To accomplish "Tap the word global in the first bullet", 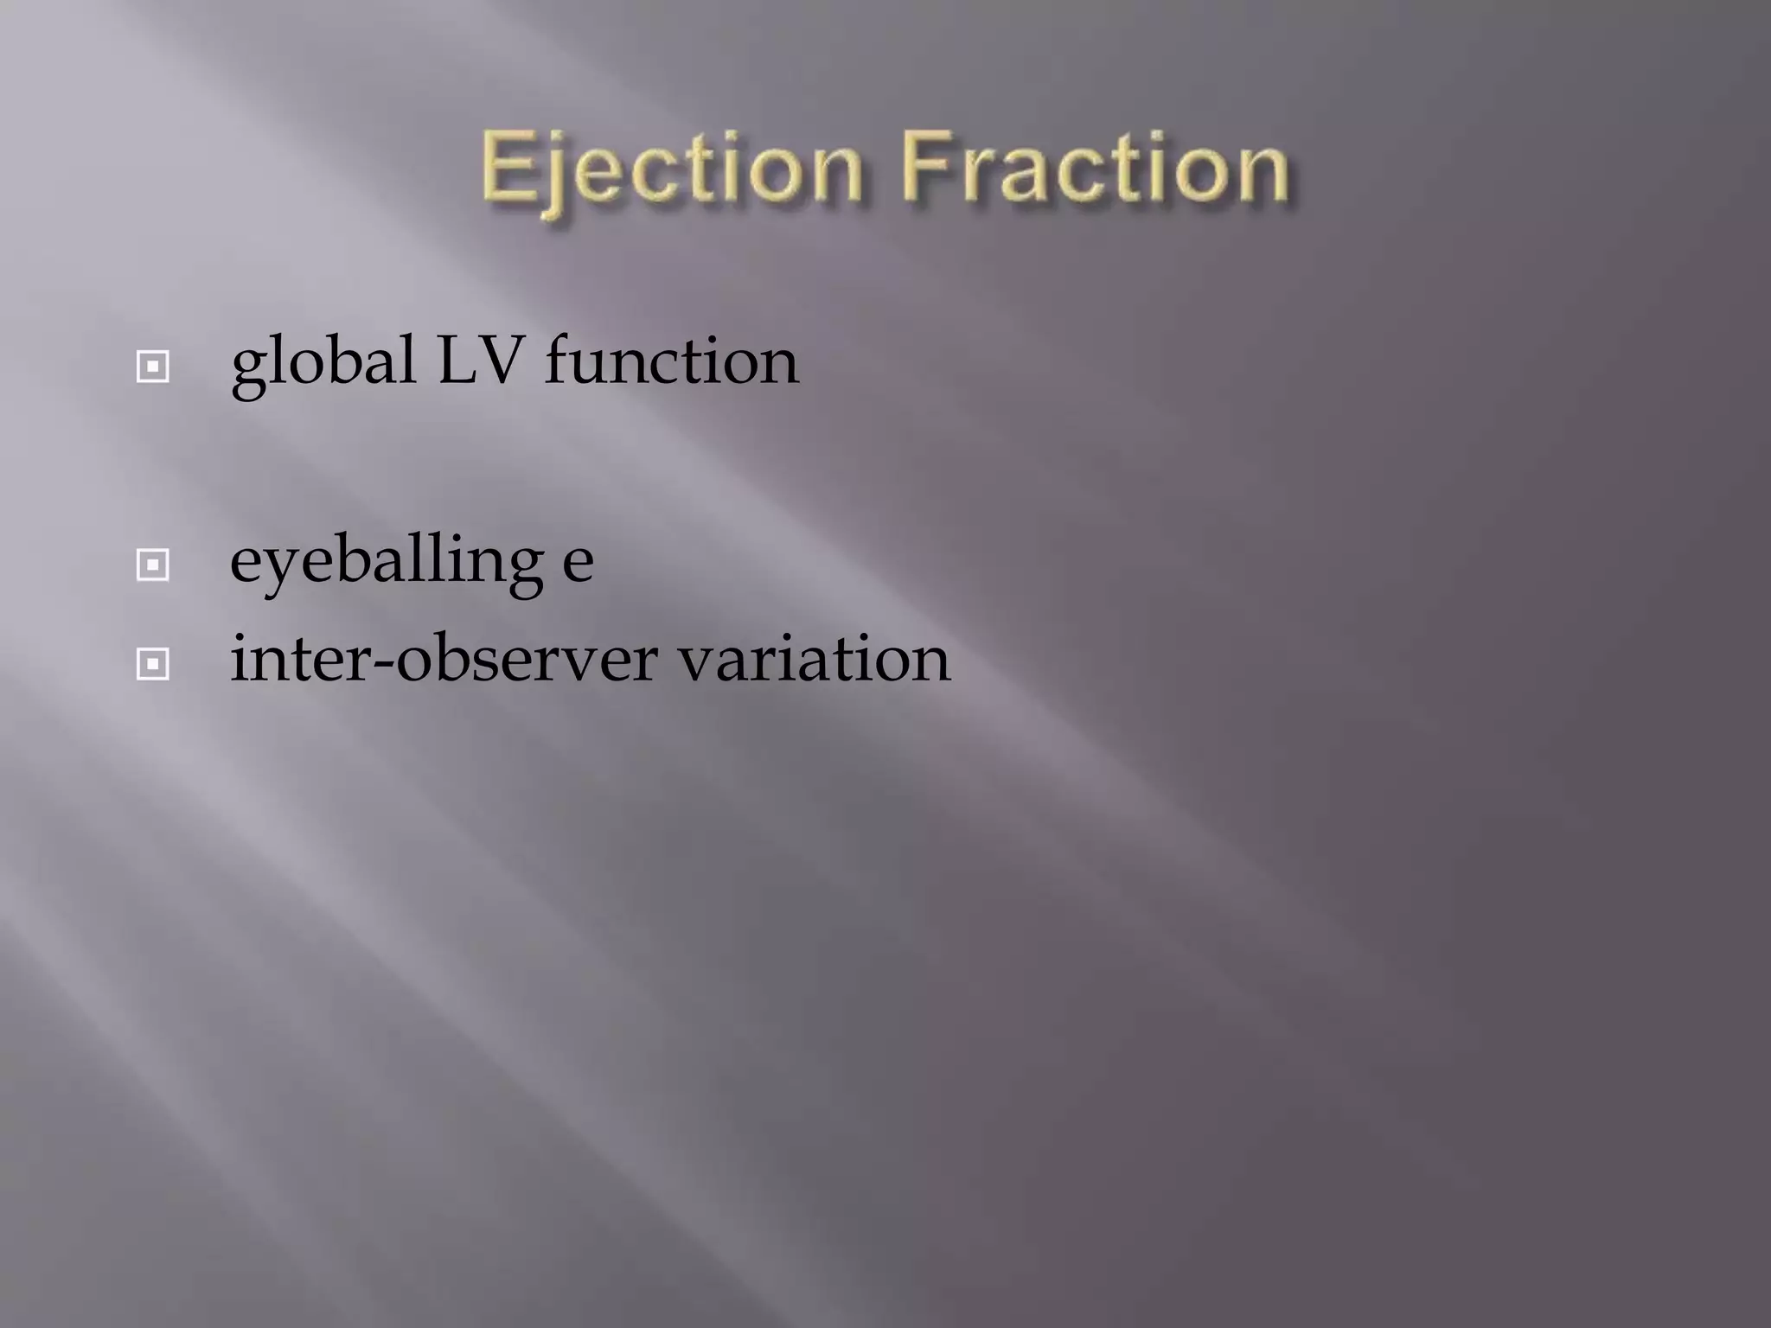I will coord(323,363).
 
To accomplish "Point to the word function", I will coord(672,361).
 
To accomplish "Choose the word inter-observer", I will coord(444,660).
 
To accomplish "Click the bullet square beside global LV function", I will coord(153,367).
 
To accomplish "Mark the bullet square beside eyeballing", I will coord(153,565).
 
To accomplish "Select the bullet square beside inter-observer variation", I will coord(153,664).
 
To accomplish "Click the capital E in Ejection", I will coord(506,167).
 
